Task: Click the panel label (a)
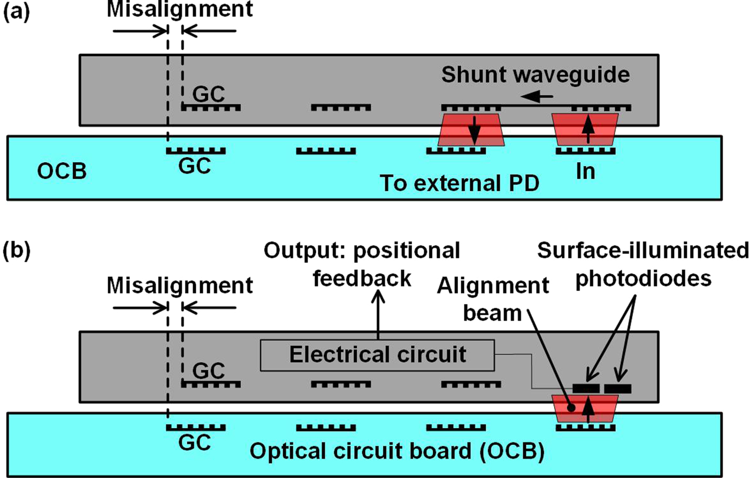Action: (x=17, y=12)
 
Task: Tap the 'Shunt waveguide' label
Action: (x=535, y=75)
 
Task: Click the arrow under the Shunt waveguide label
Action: (x=538, y=97)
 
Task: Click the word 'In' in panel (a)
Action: (x=585, y=172)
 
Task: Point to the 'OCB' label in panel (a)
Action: (x=62, y=172)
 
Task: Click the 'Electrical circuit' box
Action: (x=377, y=355)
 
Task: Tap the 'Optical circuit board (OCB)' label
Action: (x=397, y=452)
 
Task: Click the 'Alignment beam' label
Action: (x=493, y=299)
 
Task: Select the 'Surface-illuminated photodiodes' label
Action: (x=643, y=264)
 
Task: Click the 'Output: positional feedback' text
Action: (x=362, y=264)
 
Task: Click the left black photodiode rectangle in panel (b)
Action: (x=586, y=388)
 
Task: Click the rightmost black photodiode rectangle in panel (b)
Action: (x=617, y=388)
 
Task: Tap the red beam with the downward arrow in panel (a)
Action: (x=470, y=130)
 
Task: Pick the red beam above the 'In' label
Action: (x=585, y=130)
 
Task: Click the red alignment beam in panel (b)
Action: (x=585, y=408)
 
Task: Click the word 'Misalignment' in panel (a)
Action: (x=180, y=10)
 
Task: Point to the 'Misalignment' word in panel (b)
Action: (x=180, y=285)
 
